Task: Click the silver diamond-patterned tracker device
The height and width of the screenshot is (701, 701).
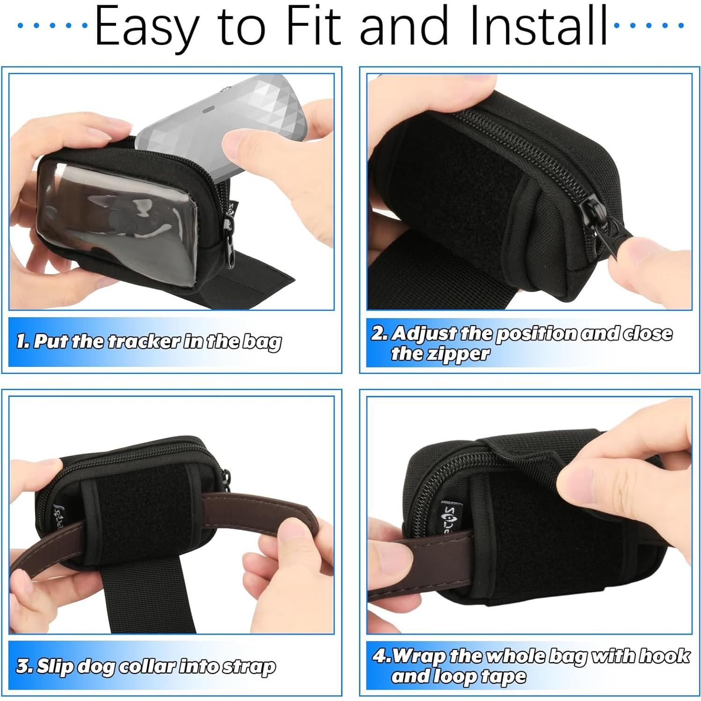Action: [220, 112]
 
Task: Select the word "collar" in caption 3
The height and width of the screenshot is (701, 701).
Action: [147, 666]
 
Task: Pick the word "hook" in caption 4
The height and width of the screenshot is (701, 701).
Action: [664, 656]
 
